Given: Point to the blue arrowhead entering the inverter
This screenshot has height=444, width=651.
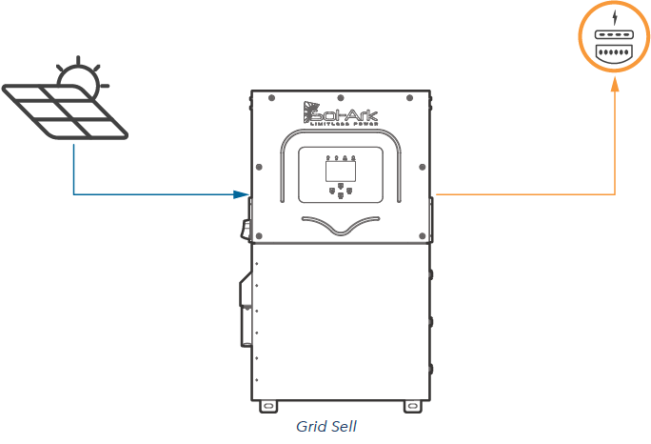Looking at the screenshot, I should pos(242,194).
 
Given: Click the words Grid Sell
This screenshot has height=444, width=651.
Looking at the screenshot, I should pos(325,426).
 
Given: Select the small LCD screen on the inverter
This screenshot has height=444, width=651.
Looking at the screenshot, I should pos(339,172).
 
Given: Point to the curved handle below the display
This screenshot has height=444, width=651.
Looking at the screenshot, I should pos(341,226).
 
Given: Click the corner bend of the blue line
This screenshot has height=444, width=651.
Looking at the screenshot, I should pos(73,194).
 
